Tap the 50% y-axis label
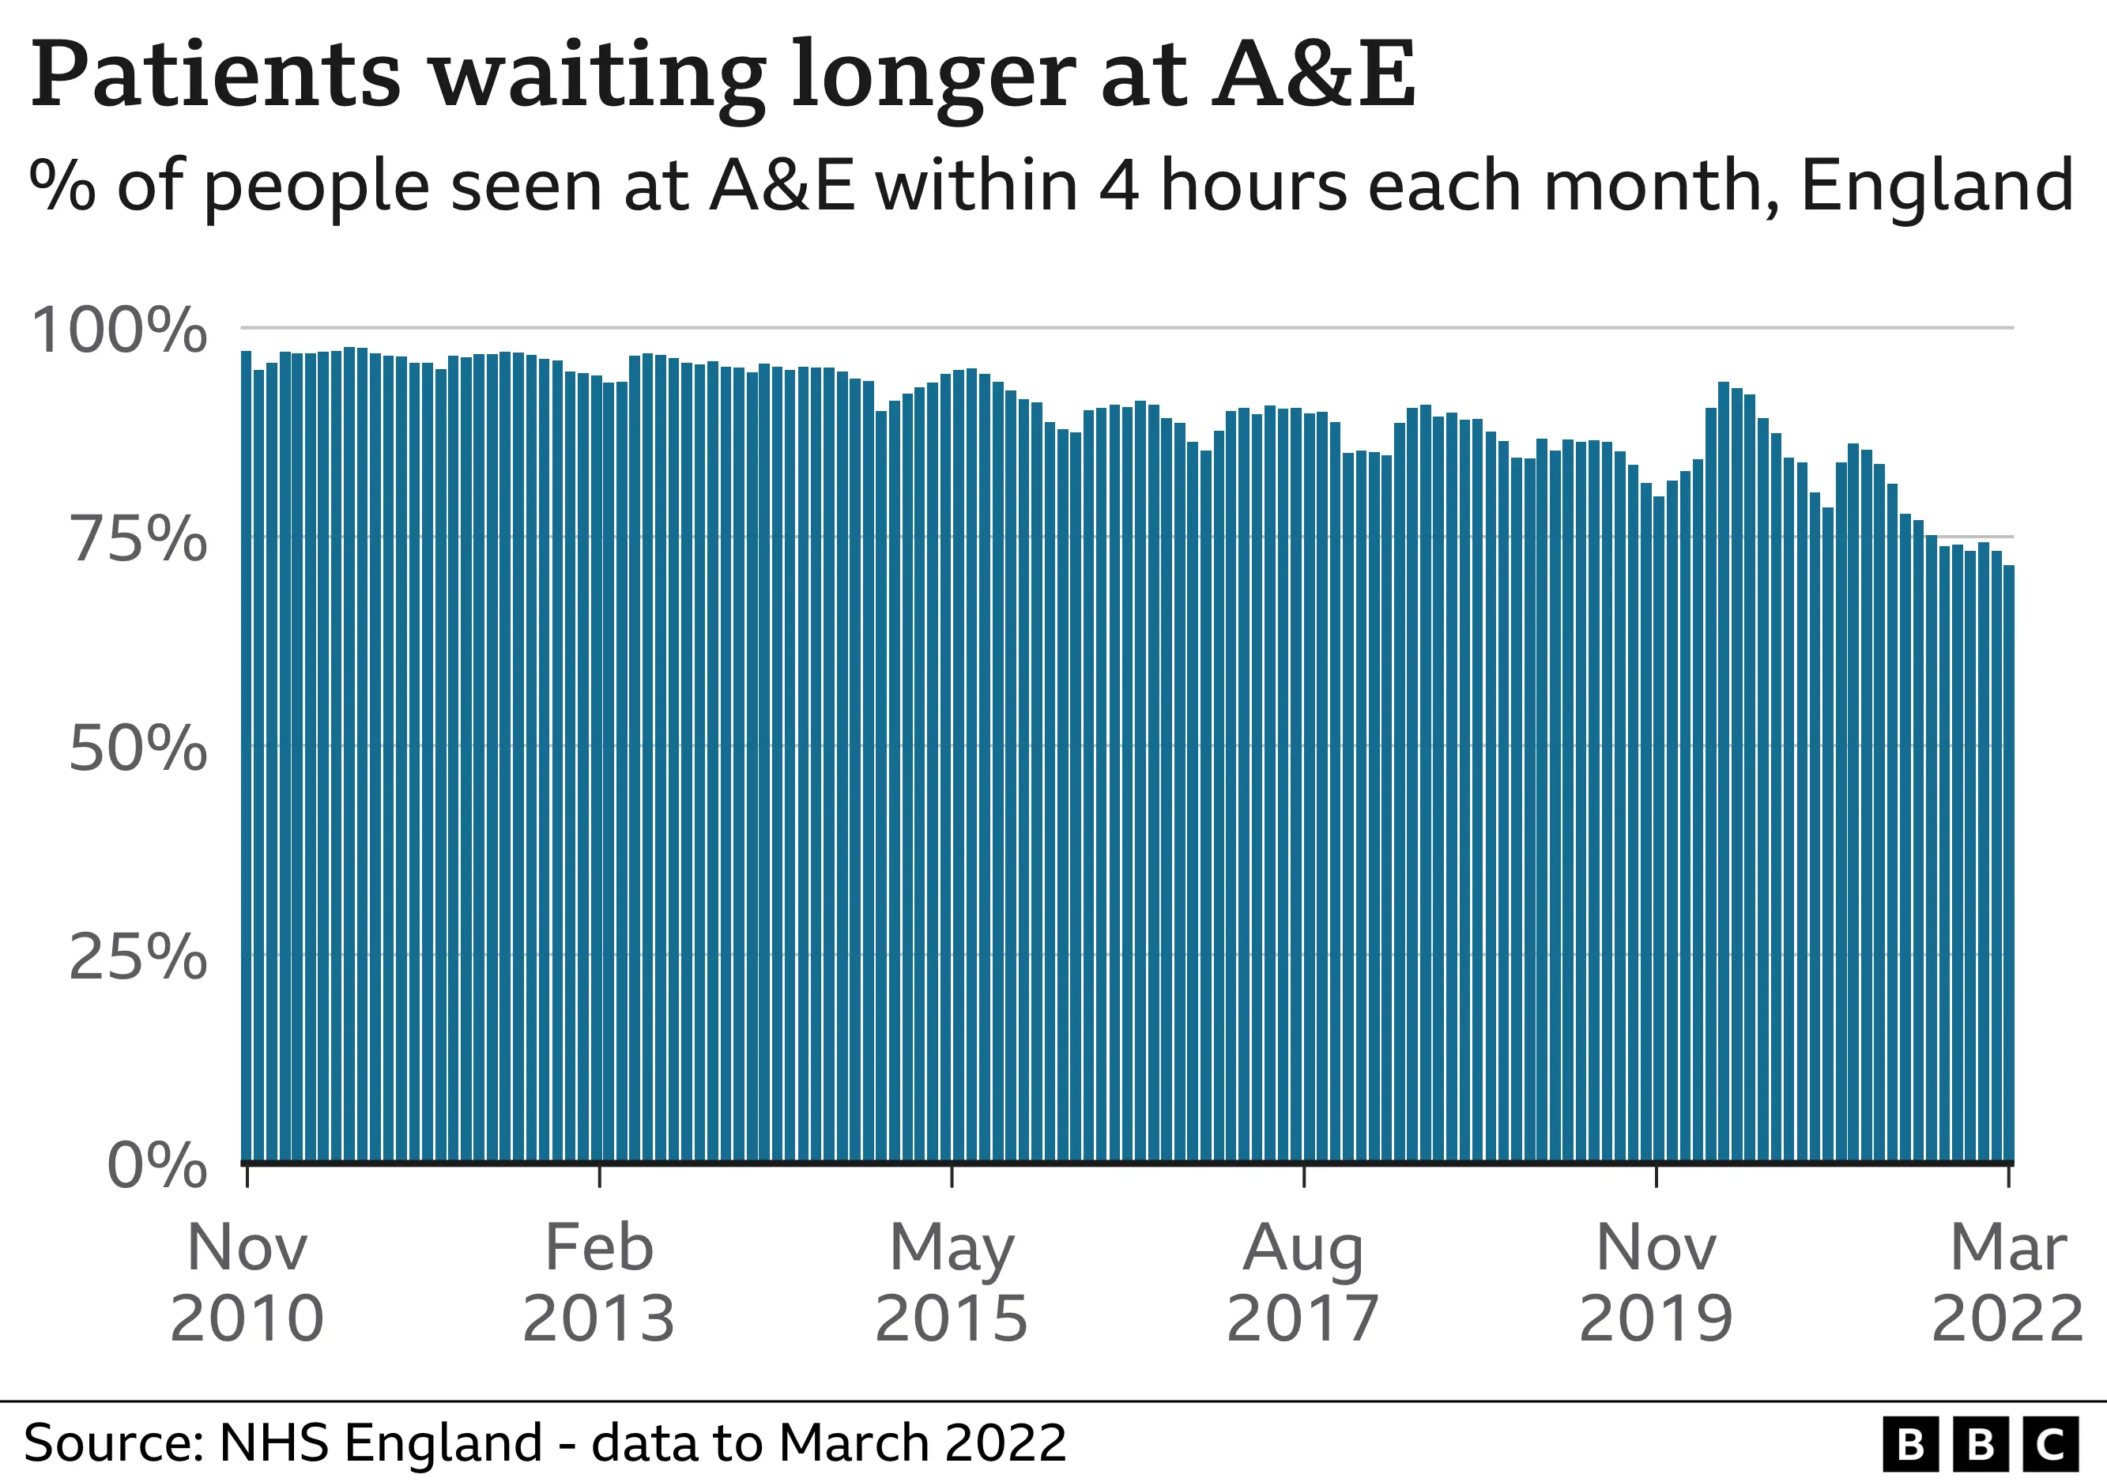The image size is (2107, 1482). [138, 750]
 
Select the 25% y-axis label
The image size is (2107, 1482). [138, 959]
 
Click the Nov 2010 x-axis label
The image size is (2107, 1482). [247, 1283]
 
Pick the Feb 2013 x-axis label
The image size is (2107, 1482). [599, 1283]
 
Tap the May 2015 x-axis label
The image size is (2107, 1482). [952, 1283]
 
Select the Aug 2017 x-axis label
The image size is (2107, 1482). [1303, 1283]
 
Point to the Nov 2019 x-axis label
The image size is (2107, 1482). [1656, 1283]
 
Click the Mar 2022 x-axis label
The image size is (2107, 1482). [2008, 1283]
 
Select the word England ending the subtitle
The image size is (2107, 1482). [1936, 187]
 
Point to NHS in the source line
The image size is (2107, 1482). [273, 1442]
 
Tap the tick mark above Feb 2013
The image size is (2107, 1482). [599, 1176]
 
